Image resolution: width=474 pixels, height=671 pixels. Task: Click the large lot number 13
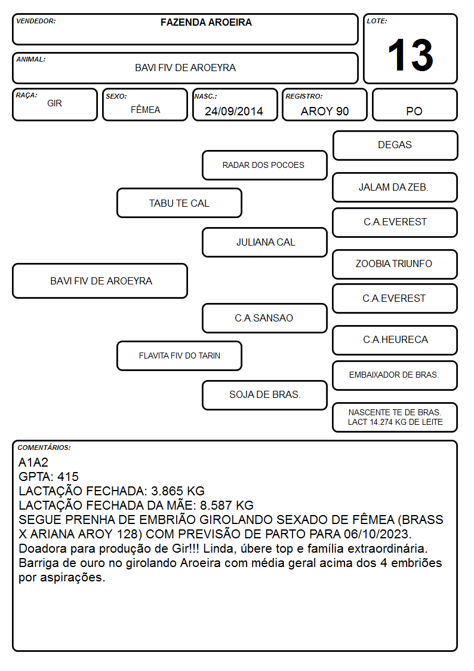(x=410, y=55)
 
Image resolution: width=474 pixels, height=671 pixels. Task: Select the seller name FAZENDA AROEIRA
(x=206, y=22)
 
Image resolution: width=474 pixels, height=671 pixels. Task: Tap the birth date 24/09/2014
(x=234, y=111)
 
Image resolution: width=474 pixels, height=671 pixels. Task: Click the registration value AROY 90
(x=325, y=111)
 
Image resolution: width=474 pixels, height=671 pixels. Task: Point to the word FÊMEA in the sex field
(x=145, y=109)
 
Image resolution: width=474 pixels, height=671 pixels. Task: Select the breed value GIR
(x=55, y=103)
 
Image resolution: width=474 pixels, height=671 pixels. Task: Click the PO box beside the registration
(x=414, y=105)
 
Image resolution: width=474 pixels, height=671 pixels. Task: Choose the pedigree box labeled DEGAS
(x=395, y=146)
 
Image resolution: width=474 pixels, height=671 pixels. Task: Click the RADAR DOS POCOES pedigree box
(x=264, y=165)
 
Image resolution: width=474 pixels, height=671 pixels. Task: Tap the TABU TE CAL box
(x=180, y=203)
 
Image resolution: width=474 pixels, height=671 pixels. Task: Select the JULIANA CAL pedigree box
(x=264, y=242)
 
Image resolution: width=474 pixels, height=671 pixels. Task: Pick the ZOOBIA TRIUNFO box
(x=395, y=264)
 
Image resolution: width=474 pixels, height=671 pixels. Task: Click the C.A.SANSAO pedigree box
(x=264, y=318)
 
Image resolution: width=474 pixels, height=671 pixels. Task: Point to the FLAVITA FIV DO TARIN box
(x=180, y=356)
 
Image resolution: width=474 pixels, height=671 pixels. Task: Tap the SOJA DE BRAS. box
(x=264, y=395)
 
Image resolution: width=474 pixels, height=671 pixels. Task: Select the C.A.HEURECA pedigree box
(x=395, y=340)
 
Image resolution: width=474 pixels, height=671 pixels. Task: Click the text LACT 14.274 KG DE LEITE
(x=395, y=422)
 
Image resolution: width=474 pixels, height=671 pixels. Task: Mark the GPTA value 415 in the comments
(x=68, y=477)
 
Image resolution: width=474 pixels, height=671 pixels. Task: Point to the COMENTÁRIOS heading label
(x=44, y=448)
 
